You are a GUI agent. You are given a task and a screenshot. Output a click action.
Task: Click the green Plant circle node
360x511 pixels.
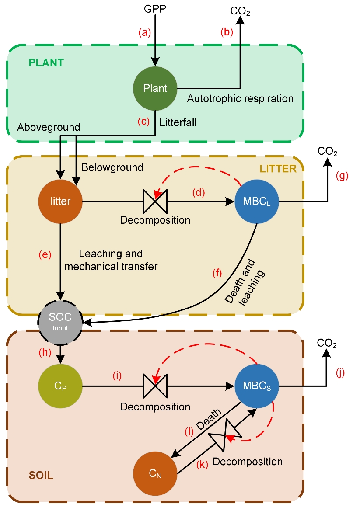(155, 88)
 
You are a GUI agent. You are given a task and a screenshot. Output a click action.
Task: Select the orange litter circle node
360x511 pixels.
(61, 202)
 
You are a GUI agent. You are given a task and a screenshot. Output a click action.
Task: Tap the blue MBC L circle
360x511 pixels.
(257, 202)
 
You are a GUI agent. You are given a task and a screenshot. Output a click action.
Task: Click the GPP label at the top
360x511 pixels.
(154, 8)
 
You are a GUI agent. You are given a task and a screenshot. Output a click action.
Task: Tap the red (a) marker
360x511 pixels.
(144, 32)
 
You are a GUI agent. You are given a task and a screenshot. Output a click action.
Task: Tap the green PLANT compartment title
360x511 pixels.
(46, 63)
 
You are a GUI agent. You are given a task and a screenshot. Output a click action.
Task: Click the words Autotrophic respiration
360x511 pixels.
(240, 99)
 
